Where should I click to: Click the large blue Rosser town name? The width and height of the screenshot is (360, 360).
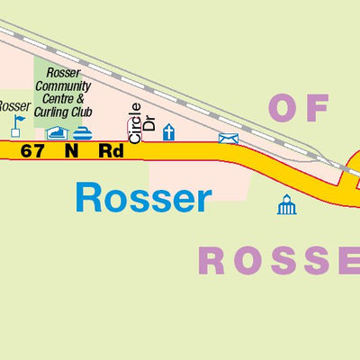click(x=143, y=198)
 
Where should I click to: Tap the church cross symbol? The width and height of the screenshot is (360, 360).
click(x=168, y=132)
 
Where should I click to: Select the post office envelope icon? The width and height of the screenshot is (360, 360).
click(x=229, y=138)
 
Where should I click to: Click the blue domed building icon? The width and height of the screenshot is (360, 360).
click(x=286, y=205)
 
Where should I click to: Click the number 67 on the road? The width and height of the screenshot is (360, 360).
click(x=31, y=151)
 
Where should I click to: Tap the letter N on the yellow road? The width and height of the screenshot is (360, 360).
click(x=71, y=151)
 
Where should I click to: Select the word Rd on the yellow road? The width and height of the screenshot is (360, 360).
click(x=111, y=151)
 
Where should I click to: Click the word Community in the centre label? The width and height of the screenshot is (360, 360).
click(x=63, y=86)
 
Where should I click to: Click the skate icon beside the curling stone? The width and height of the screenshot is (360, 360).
click(x=57, y=134)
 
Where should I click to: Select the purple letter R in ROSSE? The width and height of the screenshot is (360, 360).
click(x=212, y=261)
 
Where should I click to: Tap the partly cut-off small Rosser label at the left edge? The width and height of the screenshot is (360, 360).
click(x=13, y=106)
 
